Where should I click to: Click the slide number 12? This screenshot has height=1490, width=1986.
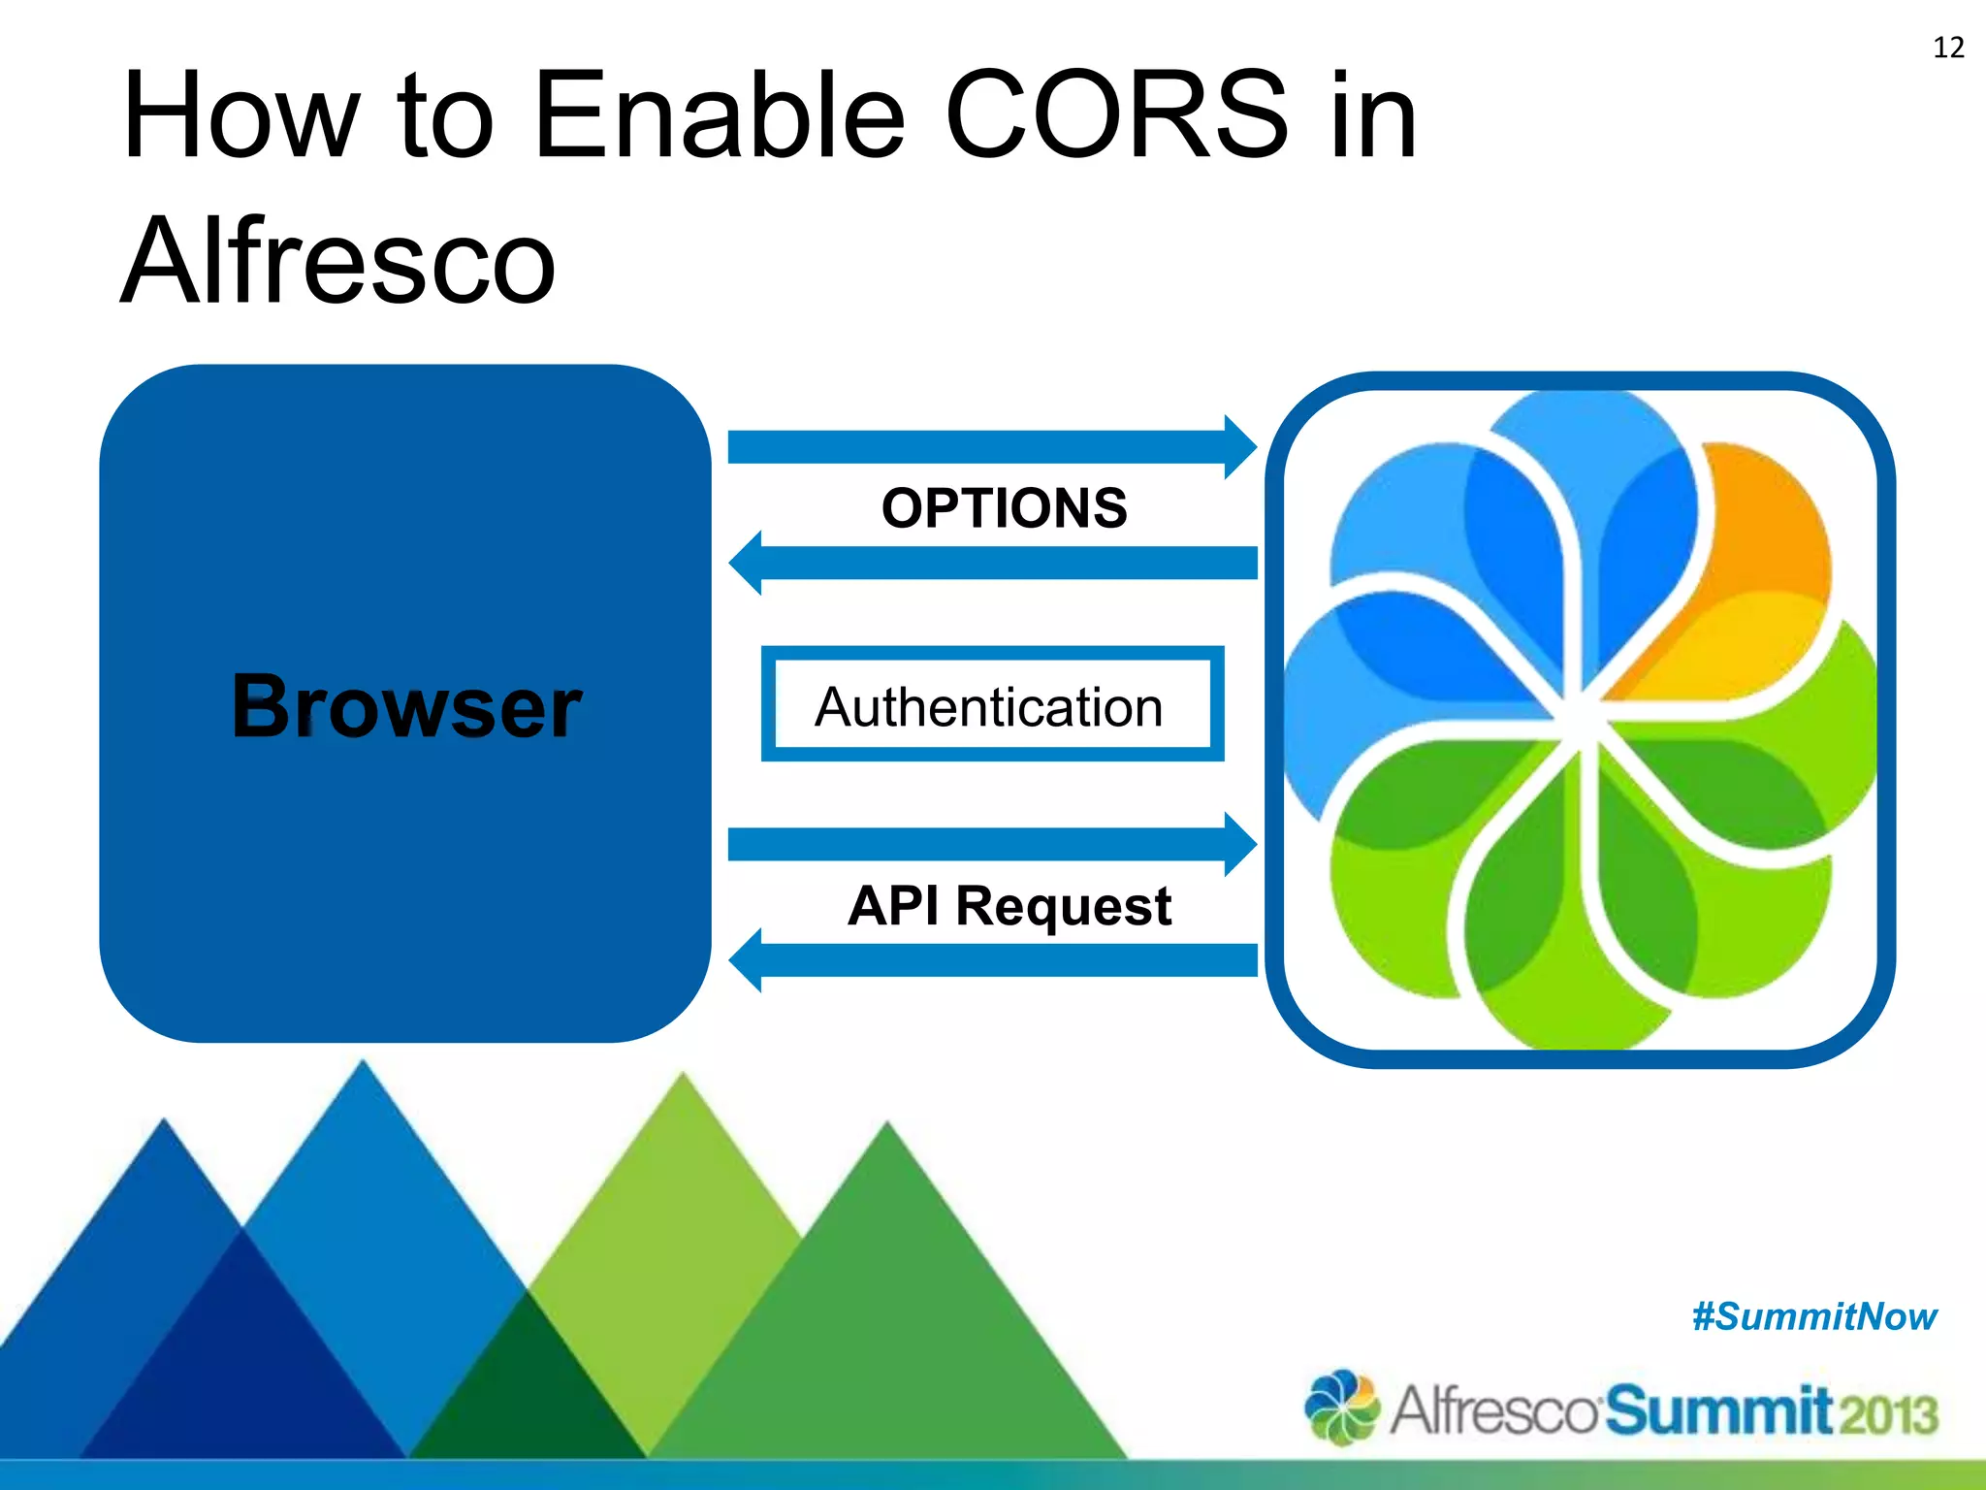1948,48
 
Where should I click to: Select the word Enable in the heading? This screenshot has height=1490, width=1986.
719,116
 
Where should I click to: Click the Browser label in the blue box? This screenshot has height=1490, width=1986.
406,706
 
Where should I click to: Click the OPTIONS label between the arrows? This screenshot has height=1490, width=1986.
1004,508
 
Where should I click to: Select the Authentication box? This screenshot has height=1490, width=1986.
992,704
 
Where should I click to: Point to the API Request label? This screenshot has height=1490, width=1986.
1009,906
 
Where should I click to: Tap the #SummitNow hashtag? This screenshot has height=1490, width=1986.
1813,1317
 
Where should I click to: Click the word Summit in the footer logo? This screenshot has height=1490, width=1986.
1716,1410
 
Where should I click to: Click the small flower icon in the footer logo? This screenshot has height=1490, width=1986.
1342,1407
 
